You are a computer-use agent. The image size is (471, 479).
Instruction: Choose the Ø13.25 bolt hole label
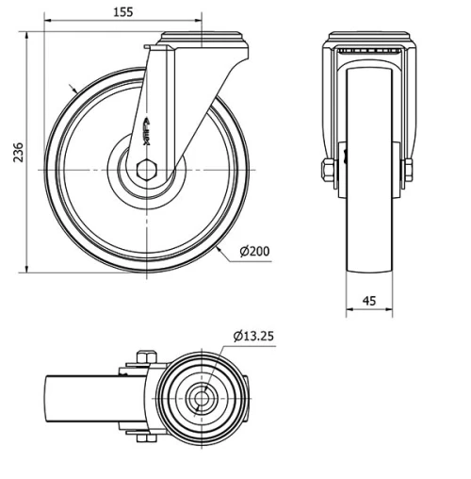click(x=253, y=336)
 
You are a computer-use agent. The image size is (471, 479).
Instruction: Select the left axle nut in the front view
click(x=326, y=170)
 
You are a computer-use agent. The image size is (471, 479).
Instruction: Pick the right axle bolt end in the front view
click(x=410, y=170)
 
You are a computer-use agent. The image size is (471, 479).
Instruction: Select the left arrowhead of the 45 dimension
click(x=349, y=314)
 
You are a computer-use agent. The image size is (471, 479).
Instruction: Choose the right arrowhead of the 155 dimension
click(x=201, y=20)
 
